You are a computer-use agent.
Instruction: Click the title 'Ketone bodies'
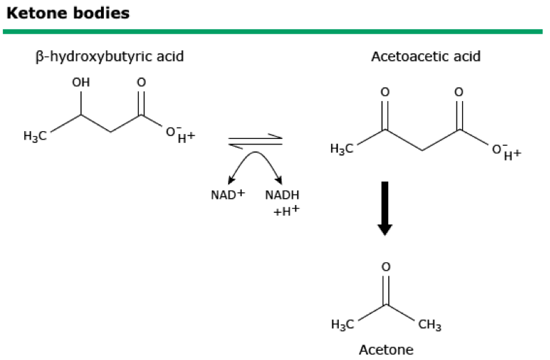[68, 13]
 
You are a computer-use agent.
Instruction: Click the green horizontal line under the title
[272, 31]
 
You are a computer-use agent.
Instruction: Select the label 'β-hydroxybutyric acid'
[109, 56]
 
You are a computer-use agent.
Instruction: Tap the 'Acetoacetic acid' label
[425, 56]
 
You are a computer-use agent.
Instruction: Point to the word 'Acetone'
[385, 350]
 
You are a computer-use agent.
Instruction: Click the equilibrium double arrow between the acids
[255, 141]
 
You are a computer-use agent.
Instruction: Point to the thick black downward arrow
[385, 207]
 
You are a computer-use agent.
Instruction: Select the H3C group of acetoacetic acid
[343, 149]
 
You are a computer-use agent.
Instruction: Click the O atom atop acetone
[386, 267]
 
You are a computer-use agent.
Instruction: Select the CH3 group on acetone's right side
[429, 324]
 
